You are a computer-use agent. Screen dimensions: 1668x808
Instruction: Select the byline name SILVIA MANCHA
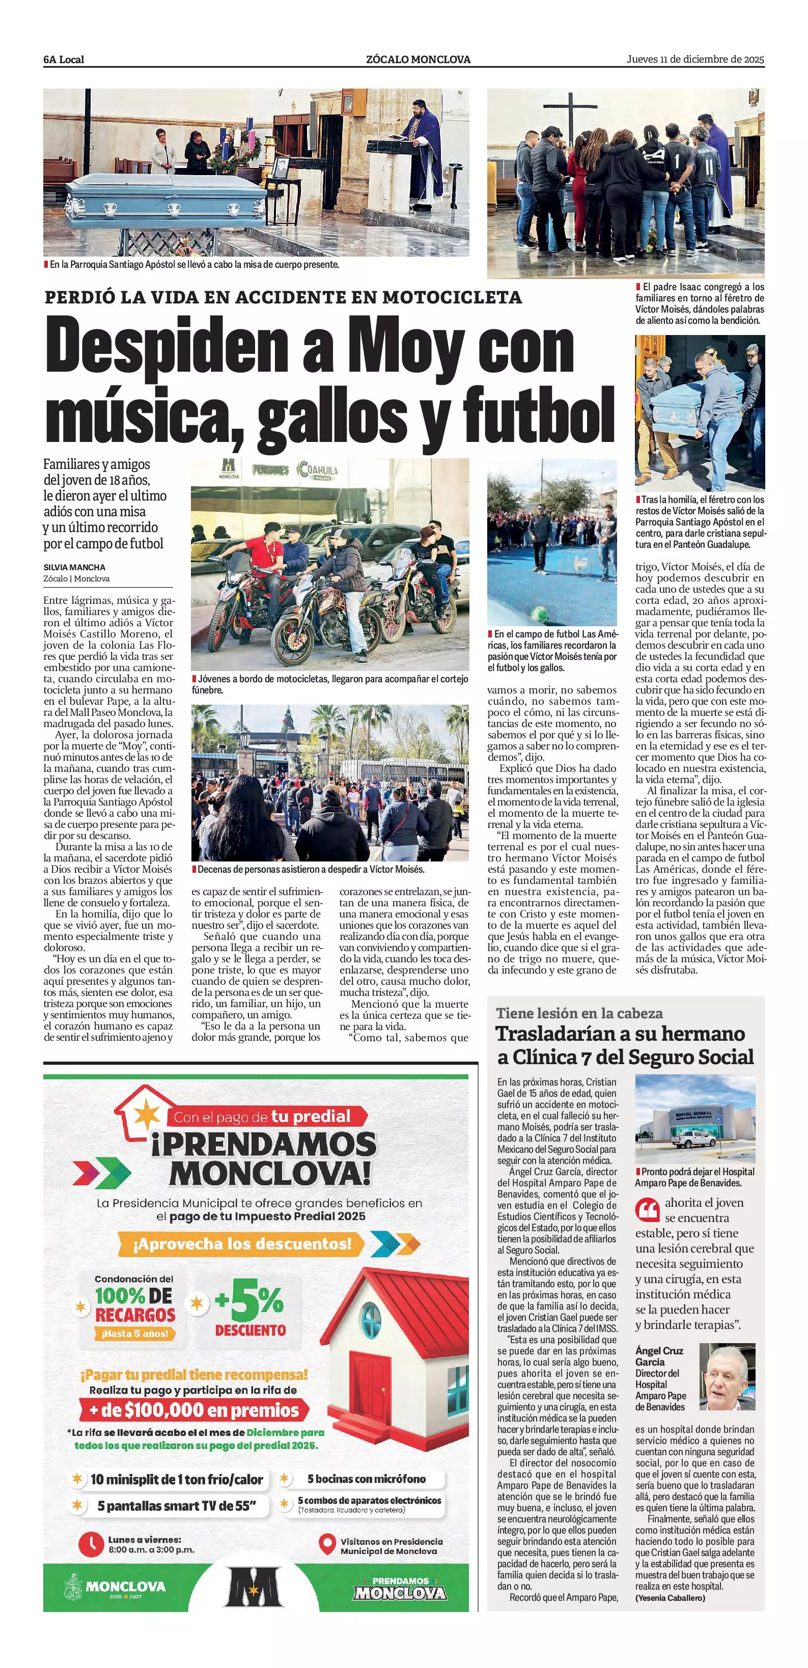(x=74, y=567)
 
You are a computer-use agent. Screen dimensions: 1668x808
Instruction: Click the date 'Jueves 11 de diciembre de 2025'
(x=694, y=60)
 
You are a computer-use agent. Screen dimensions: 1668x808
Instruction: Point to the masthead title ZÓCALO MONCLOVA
(x=418, y=60)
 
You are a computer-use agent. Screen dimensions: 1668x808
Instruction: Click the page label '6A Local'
(x=64, y=60)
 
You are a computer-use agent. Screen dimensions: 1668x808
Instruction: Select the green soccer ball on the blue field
(x=537, y=611)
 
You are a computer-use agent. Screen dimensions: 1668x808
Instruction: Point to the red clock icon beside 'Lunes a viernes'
(x=91, y=1544)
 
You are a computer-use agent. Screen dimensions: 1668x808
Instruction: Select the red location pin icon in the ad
(x=327, y=1544)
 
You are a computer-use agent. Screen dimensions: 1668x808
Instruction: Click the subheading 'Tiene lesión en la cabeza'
(x=579, y=1013)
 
